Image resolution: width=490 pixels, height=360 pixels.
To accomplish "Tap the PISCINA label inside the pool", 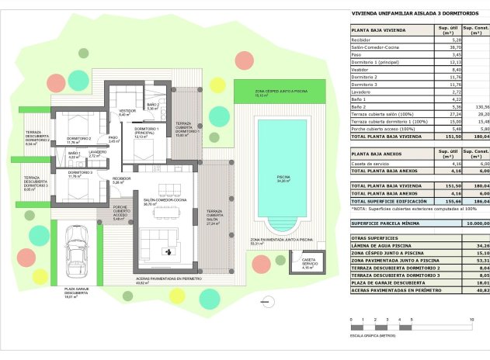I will [x=283, y=178].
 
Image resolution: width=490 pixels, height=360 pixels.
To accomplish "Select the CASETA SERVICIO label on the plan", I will [x=308, y=261].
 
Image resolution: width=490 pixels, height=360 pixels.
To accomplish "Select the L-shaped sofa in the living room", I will [x=159, y=241].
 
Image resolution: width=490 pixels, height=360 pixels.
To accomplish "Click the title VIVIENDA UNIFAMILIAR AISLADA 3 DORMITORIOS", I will [x=408, y=13].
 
